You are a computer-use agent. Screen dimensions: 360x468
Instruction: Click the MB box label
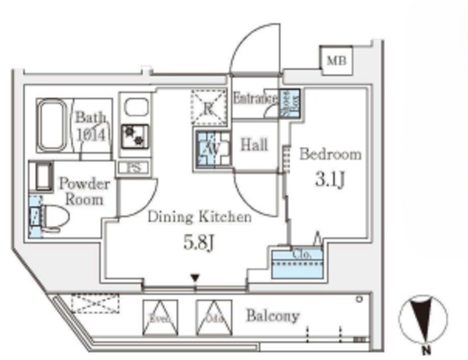(x=337, y=59)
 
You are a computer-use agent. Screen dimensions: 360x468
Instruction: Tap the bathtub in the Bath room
(x=52, y=124)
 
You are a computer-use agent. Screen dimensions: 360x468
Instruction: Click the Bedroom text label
(x=331, y=154)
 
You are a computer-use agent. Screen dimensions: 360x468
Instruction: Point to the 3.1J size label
(x=330, y=179)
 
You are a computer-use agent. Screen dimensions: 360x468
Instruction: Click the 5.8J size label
(x=200, y=241)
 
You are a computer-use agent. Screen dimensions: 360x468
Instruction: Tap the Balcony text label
(x=272, y=316)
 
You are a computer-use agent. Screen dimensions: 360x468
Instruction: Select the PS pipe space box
(x=135, y=168)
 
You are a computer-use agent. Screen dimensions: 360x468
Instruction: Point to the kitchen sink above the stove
(x=135, y=108)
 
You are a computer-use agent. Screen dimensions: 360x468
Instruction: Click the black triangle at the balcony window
(x=194, y=277)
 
